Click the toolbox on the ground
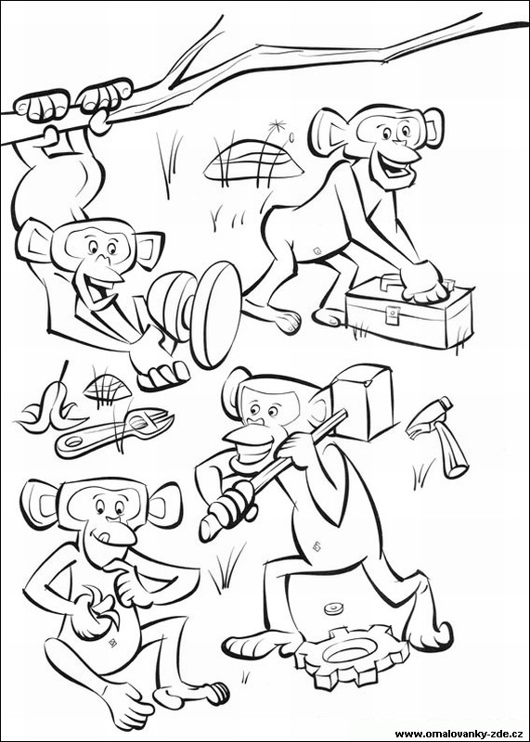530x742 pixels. [x=408, y=314]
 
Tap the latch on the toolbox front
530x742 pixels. [x=393, y=314]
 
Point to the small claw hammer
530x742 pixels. [x=438, y=435]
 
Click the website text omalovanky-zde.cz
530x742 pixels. [x=459, y=734]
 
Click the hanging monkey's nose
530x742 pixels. [x=104, y=260]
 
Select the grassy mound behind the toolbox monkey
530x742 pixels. [x=253, y=160]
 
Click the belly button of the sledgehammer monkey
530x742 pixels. [x=316, y=547]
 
